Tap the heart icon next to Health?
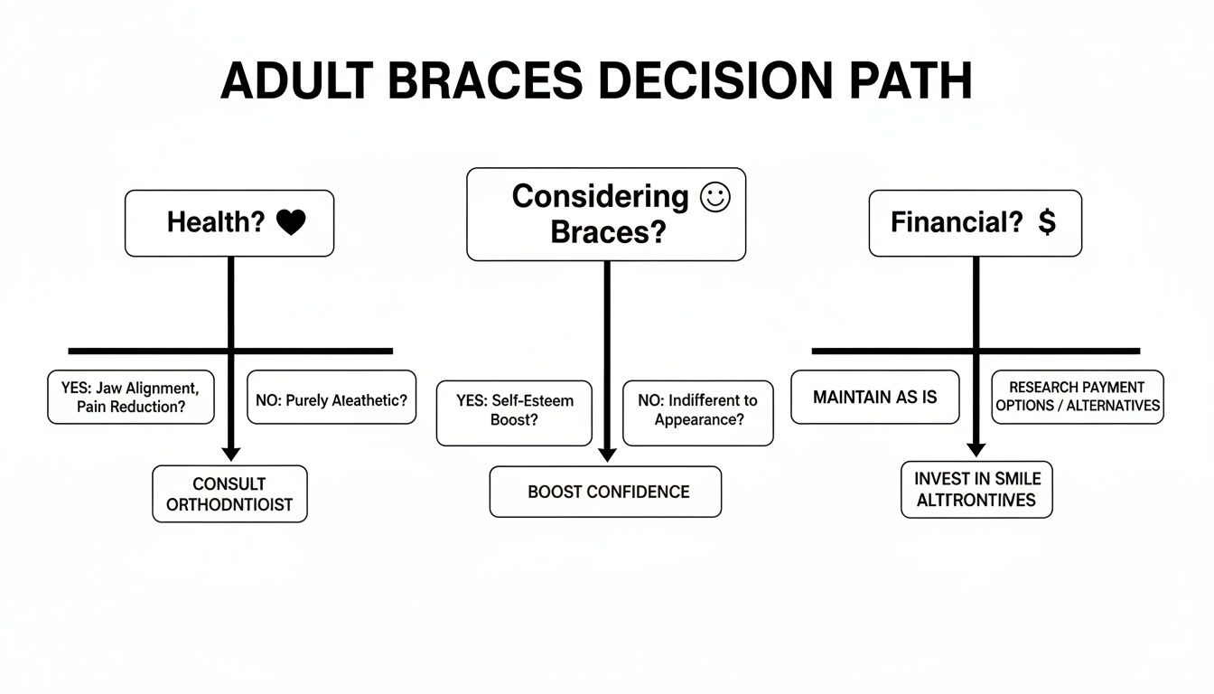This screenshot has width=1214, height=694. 291,223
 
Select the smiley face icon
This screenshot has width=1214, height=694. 714,198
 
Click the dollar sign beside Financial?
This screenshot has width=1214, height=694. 1047,222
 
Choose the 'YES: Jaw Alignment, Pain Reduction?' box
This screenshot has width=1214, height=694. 131,397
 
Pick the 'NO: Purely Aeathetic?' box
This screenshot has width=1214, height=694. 332,397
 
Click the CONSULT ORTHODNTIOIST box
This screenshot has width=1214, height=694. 229,494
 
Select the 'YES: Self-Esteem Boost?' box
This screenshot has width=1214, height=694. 515,413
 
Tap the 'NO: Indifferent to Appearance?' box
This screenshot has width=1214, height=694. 698,413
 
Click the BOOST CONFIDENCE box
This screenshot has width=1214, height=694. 605,492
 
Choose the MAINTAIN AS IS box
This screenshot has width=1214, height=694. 874,397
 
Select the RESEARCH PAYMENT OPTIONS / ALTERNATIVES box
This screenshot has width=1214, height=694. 1077,397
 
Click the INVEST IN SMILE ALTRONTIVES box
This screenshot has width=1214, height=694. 976,489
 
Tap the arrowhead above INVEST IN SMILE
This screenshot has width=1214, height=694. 976,448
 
